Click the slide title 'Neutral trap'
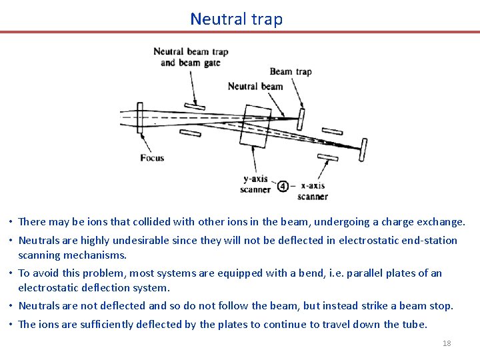(x=236, y=19)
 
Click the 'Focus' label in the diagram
(x=152, y=158)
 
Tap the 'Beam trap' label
(x=290, y=71)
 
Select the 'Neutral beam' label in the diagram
(x=255, y=86)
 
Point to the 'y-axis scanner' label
(x=255, y=184)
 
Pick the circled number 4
(x=283, y=187)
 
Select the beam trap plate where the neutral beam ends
(x=301, y=119)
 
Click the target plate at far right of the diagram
(x=364, y=149)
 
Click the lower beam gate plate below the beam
(x=190, y=132)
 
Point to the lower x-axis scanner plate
(x=328, y=157)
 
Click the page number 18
(x=447, y=343)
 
